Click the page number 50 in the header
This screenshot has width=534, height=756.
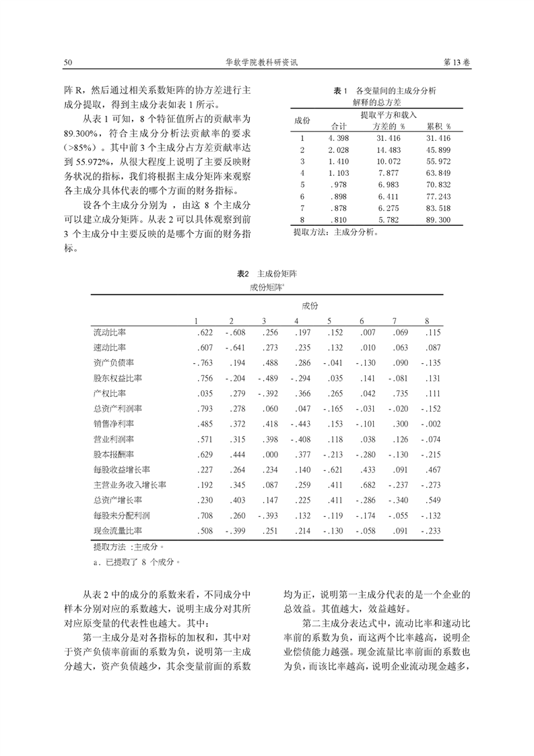(x=67, y=62)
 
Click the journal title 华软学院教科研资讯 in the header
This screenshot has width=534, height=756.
(x=267, y=62)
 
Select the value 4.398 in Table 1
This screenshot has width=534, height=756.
(x=337, y=137)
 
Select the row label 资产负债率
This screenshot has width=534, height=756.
(x=114, y=363)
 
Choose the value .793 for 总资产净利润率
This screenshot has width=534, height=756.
(x=204, y=408)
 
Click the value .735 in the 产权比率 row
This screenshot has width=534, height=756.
(x=399, y=393)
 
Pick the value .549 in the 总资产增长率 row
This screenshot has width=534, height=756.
(x=430, y=500)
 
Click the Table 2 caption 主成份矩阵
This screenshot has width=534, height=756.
(x=277, y=275)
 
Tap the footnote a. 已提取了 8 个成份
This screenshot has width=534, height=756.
(x=138, y=560)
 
